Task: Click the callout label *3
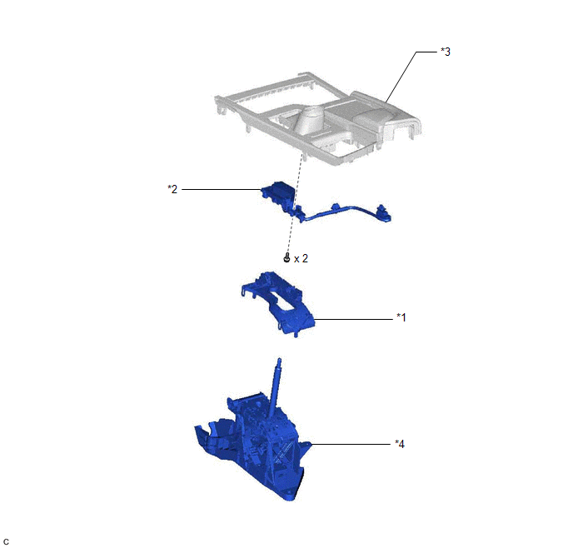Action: click(x=446, y=52)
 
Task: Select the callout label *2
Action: click(x=172, y=189)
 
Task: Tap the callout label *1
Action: click(x=401, y=317)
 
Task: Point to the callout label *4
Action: click(x=400, y=444)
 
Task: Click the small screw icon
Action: click(x=286, y=258)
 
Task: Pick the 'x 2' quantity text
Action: click(x=301, y=259)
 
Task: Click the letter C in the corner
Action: click(x=6, y=542)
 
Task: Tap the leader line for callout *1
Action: click(x=353, y=319)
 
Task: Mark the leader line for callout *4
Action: click(x=351, y=444)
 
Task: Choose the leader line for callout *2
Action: click(x=222, y=189)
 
